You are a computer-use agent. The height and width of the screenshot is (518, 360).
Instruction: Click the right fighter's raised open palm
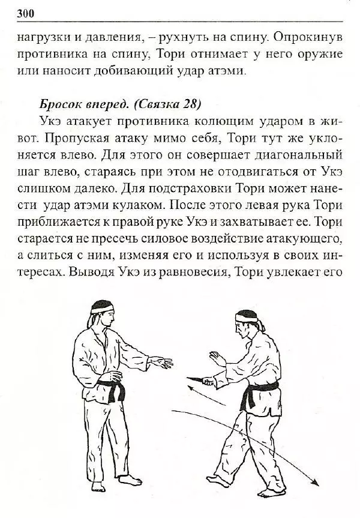pyautogui.click(x=217, y=358)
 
